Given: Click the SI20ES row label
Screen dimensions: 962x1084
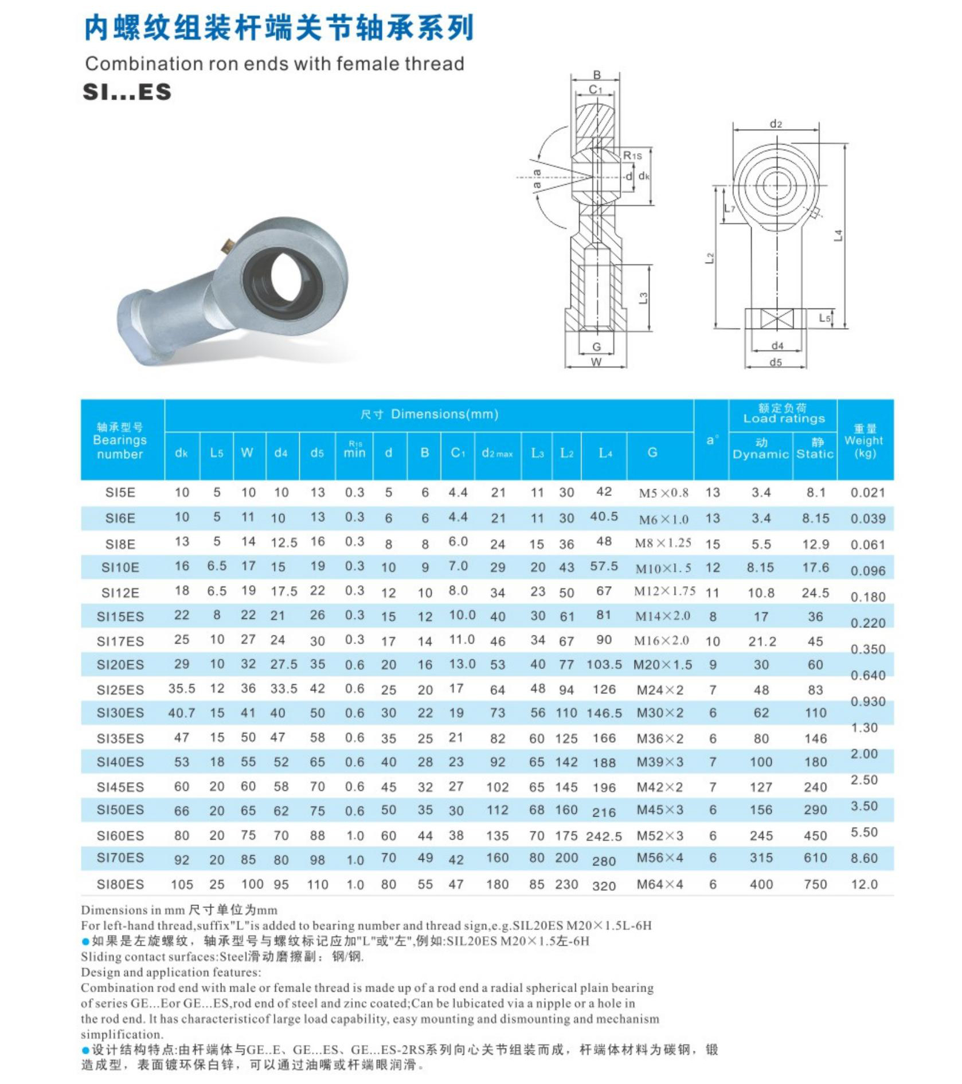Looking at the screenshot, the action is click(x=120, y=665).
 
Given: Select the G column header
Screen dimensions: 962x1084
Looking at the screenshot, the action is click(x=652, y=453).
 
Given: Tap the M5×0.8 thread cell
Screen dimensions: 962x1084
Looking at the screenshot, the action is click(x=664, y=493).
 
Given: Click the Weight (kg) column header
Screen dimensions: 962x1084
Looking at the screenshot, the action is click(x=865, y=441).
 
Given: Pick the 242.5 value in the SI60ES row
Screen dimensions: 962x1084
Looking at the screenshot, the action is click(x=604, y=836).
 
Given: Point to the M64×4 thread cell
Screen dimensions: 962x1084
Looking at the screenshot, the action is click(x=660, y=884).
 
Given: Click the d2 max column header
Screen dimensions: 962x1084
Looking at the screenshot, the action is click(x=497, y=453).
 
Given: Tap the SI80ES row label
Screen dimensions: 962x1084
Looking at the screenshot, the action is click(x=120, y=884).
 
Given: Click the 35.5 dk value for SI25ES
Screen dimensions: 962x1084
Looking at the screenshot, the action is click(x=182, y=689).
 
